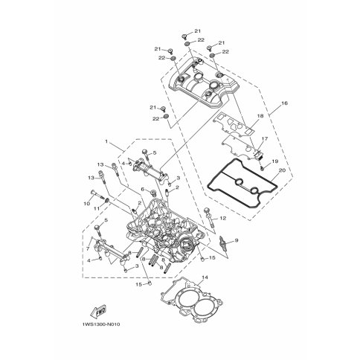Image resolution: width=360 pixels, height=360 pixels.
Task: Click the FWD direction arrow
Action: (x=98, y=311)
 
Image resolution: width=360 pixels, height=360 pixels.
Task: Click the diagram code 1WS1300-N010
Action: (x=101, y=324)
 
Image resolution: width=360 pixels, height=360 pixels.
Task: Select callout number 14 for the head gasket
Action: (x=205, y=277)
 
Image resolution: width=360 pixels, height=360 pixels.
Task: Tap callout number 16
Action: (x=285, y=103)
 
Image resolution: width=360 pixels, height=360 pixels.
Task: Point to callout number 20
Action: (x=282, y=170)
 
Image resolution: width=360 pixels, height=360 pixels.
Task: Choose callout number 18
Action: (x=260, y=116)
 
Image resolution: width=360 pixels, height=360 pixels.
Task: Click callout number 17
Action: (x=265, y=139)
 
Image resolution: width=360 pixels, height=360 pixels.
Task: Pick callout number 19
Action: (x=275, y=161)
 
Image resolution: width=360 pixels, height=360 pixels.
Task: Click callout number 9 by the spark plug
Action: (x=237, y=240)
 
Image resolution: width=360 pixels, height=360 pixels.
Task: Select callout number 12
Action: (x=223, y=218)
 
